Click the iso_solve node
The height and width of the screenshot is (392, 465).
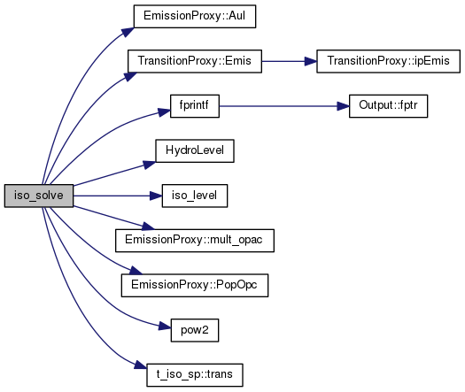pyautogui.click(x=39, y=196)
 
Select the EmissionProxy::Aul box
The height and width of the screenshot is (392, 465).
pyautogui.click(x=195, y=16)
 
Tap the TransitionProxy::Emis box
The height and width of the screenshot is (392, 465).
pyautogui.click(x=195, y=61)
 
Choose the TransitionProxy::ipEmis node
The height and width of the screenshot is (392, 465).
pyautogui.click(x=388, y=61)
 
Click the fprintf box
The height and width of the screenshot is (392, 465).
pyautogui.click(x=195, y=106)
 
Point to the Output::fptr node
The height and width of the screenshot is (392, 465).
pyautogui.click(x=388, y=106)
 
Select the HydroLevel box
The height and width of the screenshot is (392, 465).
pyautogui.click(x=195, y=150)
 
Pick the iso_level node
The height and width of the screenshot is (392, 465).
pyautogui.click(x=195, y=196)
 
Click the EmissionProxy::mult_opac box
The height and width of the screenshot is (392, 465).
pyautogui.click(x=195, y=241)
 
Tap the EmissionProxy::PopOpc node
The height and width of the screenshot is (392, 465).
pyautogui.click(x=195, y=285)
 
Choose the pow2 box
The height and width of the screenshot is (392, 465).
pyautogui.click(x=195, y=330)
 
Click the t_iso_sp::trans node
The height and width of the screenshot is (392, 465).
pyautogui.click(x=195, y=375)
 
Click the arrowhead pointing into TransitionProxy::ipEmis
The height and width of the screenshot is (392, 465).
pyautogui.click(x=311, y=61)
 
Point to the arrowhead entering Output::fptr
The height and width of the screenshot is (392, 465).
pyautogui.click(x=343, y=106)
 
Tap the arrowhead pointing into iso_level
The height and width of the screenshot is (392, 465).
pyautogui.click(x=156, y=196)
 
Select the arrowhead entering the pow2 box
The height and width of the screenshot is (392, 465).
pyautogui.click(x=165, y=326)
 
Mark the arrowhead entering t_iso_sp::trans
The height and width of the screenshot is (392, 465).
pyautogui.click(x=141, y=365)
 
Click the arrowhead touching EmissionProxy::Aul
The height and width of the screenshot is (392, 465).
pyautogui.click(x=128, y=32)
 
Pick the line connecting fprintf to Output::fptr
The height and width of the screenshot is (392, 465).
pyautogui.click(x=284, y=106)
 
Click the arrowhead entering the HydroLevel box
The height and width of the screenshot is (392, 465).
pyautogui.click(x=149, y=165)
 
